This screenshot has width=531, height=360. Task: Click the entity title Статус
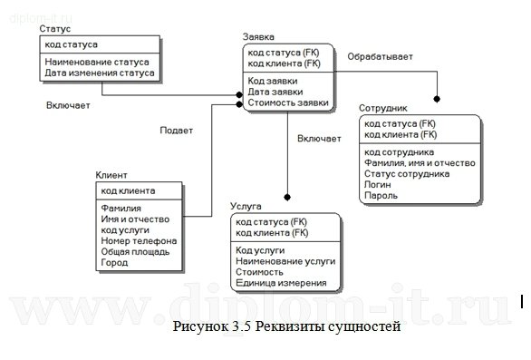[54, 30]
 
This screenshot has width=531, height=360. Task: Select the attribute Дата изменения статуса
[100, 73]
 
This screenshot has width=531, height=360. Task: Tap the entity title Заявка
[259, 37]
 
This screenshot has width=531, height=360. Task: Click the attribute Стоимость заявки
[288, 102]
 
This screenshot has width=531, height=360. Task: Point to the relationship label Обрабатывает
[380, 56]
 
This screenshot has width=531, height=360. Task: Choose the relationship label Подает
[176, 130]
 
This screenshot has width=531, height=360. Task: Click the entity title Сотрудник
[383, 107]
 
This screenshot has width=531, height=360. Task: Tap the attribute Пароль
[381, 194]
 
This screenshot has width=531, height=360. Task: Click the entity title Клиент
[111, 175]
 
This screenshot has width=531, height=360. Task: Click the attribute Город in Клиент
[114, 262]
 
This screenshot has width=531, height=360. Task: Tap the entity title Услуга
[246, 207]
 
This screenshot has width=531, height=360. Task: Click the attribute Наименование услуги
[285, 260]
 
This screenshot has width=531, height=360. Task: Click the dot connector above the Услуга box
[286, 195]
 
